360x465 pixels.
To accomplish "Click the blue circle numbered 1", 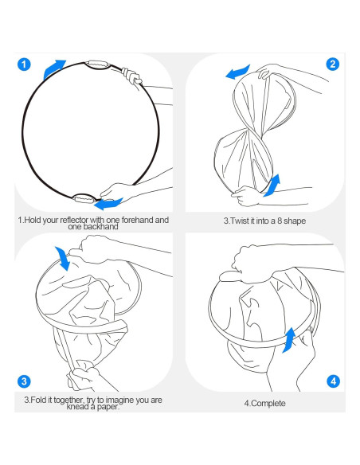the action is [24, 64].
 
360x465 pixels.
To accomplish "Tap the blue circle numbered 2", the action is [333, 64].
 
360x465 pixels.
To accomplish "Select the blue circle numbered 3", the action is [24, 381].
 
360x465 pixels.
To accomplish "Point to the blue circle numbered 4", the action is [333, 381].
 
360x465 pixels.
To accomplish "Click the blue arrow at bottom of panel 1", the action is [108, 204].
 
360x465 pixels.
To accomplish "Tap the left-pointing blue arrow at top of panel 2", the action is [238, 72].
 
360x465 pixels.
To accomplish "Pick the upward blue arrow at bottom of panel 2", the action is [273, 186].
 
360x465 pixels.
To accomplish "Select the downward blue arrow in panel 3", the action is [63, 258].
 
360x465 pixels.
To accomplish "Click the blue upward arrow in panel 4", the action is [289, 340].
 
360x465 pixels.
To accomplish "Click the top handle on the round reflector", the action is [98, 64].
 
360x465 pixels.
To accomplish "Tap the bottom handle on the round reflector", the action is [84, 198].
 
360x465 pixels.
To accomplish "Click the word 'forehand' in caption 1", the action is [137, 220].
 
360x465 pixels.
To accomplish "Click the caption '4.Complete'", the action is [264, 404].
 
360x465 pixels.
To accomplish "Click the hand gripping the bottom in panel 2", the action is [247, 196].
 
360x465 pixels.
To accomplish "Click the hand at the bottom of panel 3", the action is [83, 379].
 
